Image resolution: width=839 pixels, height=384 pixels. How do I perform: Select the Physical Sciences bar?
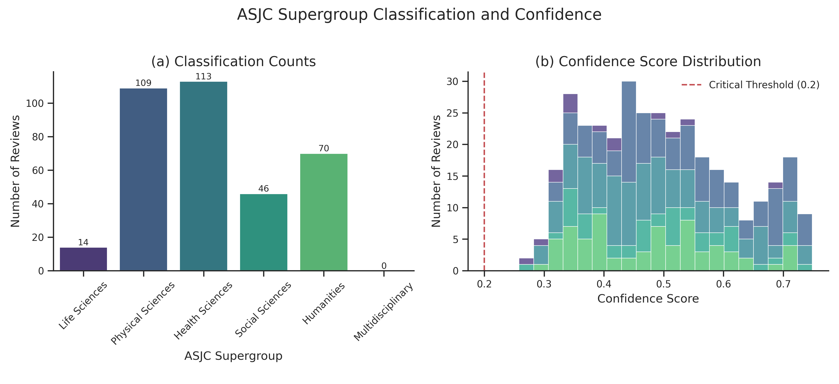[143, 179]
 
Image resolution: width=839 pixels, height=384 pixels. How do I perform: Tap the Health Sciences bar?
[203, 176]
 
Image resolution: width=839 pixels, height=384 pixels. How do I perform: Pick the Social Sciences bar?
[264, 232]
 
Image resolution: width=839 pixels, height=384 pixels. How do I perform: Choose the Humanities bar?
[324, 212]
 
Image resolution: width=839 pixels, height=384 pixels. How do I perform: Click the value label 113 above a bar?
[203, 76]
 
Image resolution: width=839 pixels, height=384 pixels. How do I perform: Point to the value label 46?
[264, 189]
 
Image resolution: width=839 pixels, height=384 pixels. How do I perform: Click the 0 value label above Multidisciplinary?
[384, 266]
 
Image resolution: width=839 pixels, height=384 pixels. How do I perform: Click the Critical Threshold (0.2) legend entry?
[750, 85]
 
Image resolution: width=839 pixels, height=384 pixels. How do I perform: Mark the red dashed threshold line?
[484, 171]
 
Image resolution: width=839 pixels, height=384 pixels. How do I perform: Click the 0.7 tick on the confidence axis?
[783, 284]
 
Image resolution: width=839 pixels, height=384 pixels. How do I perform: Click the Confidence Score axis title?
[648, 299]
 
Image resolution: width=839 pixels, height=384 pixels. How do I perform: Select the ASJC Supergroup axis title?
[233, 356]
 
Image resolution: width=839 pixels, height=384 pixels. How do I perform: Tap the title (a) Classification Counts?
[234, 61]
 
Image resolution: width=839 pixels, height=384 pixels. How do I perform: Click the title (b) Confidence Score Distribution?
[648, 61]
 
